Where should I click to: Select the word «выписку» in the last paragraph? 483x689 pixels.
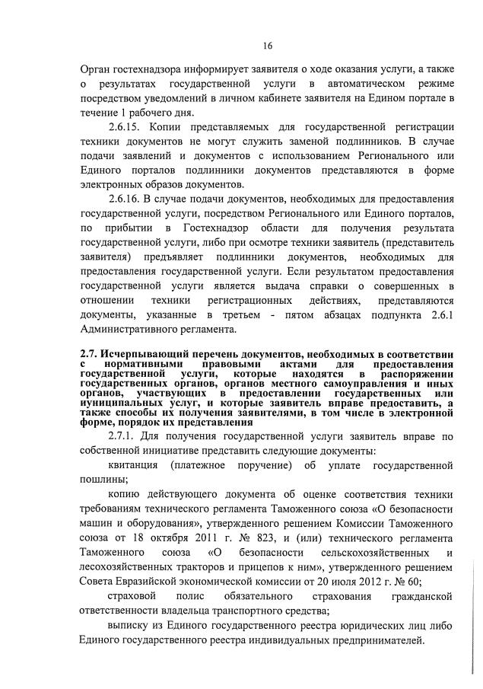pyautogui.click(x=130, y=626)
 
